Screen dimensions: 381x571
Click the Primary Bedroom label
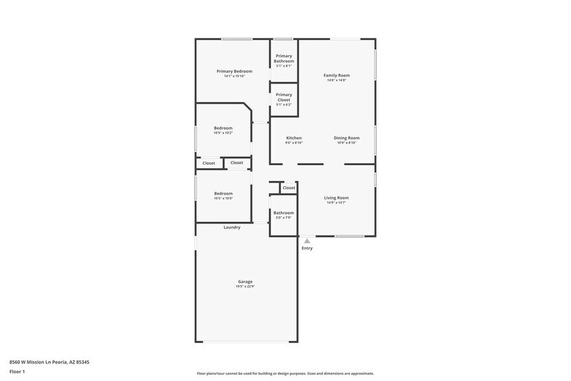tap(234, 71)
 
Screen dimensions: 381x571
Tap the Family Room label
tap(336, 75)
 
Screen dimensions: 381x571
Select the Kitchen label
tap(294, 138)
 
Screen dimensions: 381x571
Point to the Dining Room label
tap(346, 138)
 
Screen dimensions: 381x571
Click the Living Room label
tap(336, 198)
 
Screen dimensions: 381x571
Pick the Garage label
tap(245, 281)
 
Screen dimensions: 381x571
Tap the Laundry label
tap(232, 227)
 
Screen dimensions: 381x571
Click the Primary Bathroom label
tap(284, 58)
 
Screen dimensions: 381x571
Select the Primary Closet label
tap(284, 97)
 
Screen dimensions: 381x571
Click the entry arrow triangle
tap(307, 241)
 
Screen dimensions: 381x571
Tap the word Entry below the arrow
tap(307, 248)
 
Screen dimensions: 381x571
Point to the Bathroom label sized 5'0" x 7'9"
tap(284, 213)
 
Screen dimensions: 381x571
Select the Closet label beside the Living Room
tap(289, 188)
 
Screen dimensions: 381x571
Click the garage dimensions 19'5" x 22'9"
tap(245, 286)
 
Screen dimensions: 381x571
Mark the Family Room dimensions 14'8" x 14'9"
tap(336, 80)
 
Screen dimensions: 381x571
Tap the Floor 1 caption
tap(17, 371)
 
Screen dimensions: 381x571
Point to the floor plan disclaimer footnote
tap(285, 373)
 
